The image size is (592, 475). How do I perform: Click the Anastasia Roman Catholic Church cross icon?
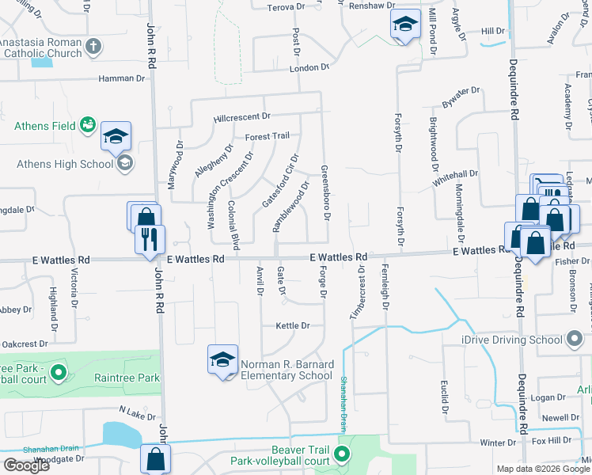click(x=94, y=45)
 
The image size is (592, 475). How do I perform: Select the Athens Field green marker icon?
click(x=87, y=125)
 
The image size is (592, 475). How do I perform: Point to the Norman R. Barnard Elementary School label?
click(x=286, y=370)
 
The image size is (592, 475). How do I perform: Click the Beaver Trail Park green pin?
click(x=342, y=454)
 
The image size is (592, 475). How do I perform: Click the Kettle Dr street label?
click(x=292, y=325)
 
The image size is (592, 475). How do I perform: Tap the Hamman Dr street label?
click(x=122, y=78)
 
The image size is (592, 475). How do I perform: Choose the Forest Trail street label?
click(x=268, y=136)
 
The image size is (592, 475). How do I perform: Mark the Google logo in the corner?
click(x=26, y=465)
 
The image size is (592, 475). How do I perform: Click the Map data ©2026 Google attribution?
click(x=544, y=469)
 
